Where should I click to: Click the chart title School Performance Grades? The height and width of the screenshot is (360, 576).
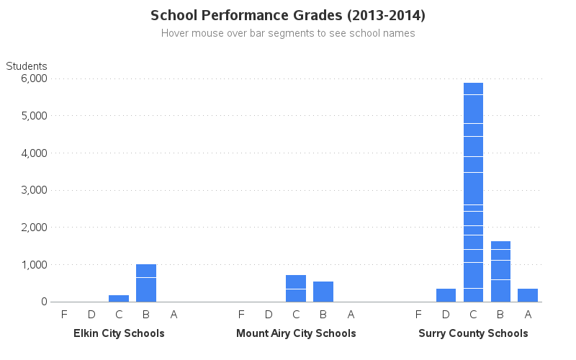point(288,15)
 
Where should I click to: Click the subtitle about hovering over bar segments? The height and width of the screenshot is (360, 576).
point(288,33)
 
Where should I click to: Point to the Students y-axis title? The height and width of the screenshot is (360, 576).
point(27,66)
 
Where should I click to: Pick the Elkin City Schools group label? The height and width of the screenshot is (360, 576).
point(119,333)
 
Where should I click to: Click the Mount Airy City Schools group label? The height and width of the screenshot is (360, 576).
point(296,333)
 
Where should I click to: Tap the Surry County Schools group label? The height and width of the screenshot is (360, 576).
point(473,333)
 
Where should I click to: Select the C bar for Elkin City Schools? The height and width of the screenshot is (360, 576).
point(119,298)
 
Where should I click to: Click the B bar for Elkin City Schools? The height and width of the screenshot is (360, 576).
point(146,283)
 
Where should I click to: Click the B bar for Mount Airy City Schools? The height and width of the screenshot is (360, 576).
point(323,292)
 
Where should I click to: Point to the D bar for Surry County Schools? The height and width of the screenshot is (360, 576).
point(446,295)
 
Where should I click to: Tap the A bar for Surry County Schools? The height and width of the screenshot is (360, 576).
point(528,295)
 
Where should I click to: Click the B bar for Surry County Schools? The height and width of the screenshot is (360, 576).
point(500,271)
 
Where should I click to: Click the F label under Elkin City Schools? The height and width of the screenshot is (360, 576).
point(64,314)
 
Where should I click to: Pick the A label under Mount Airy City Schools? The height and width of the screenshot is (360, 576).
point(351,314)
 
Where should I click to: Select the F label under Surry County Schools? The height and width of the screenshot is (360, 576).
point(418,314)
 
